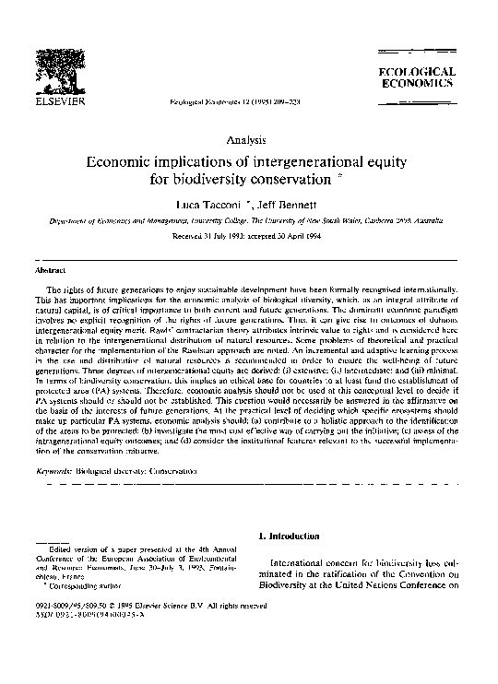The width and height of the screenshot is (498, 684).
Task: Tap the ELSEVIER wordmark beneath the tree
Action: tap(61, 103)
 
